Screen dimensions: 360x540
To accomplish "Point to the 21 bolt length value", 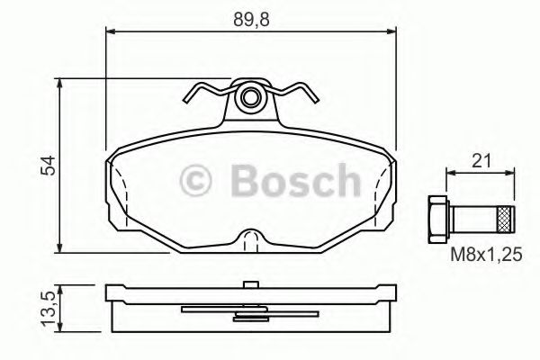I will point(481,161).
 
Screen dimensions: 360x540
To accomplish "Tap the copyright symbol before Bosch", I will point(197,180).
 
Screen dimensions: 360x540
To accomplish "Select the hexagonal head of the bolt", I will point(435,219).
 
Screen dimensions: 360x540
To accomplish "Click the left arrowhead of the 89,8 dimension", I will point(111,32).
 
